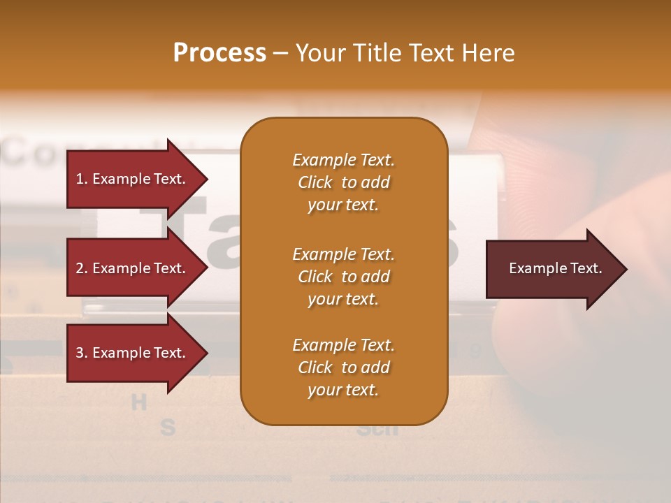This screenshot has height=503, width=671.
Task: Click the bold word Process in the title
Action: pos(219,53)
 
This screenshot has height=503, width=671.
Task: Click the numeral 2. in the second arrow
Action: pos(81,268)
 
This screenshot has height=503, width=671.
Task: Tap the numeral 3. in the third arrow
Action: pos(81,353)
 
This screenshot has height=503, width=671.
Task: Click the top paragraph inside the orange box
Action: pos(343,182)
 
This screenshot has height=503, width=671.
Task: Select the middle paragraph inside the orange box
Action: pos(343,277)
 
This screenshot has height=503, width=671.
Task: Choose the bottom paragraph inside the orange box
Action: pos(343,367)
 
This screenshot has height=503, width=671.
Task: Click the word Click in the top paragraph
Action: pos(315,182)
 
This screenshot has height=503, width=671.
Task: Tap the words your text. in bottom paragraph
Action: pos(343,390)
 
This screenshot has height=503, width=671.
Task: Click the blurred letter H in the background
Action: pos(139,402)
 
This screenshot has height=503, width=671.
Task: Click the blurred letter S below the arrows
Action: pos(167,427)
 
